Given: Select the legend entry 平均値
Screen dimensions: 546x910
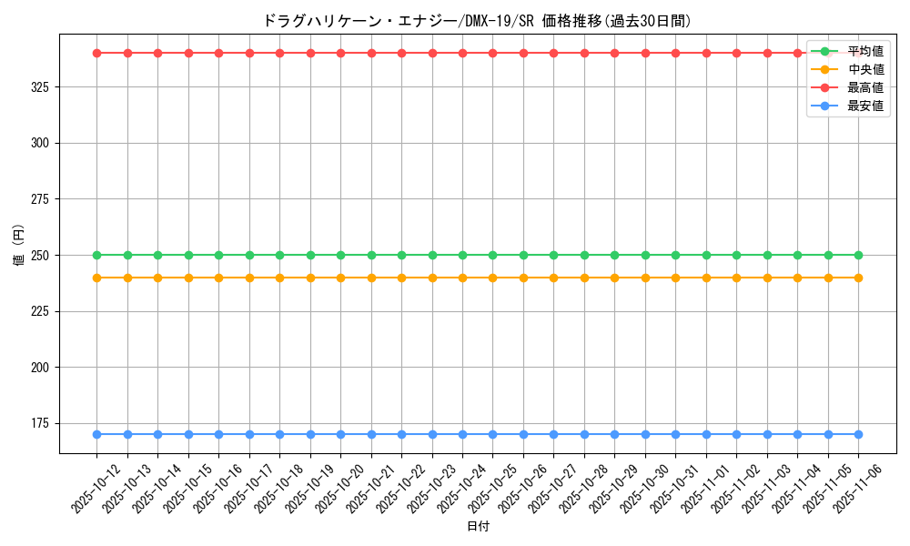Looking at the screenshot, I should point(864,51).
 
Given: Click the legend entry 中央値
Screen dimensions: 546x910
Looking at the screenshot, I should point(864,69).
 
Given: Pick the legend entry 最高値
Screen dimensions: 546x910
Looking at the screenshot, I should point(864,87).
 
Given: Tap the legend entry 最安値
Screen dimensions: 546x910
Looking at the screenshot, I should point(864,106).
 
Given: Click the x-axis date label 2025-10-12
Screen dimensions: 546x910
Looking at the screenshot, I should point(96,489).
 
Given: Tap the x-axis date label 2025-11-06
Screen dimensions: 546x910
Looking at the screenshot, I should point(858,489).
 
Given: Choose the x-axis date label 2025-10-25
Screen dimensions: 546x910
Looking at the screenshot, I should point(492,489).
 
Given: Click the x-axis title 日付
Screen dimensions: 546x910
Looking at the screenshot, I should point(478,527).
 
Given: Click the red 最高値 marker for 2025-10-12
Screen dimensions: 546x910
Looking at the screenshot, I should point(96,53).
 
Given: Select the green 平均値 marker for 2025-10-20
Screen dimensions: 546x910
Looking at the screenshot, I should point(340,255).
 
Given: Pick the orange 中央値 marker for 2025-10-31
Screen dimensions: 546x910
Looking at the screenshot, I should point(675,278).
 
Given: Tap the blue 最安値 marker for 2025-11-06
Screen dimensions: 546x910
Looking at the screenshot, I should point(858,434).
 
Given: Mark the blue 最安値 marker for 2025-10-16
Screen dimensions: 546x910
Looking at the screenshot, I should point(218,434).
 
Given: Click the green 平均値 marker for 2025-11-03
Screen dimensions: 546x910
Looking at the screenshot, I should point(767,255).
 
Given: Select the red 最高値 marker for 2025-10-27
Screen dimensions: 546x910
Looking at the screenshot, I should point(553,53).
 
